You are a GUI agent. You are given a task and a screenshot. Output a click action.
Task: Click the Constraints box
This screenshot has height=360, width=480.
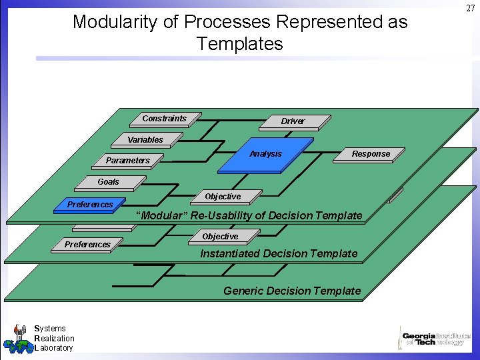165,119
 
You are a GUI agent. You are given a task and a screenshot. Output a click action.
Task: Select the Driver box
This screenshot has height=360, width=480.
293,121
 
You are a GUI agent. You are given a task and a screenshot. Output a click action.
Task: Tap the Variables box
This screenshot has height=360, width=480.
145,140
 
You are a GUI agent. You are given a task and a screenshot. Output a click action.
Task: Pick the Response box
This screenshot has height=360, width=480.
371,154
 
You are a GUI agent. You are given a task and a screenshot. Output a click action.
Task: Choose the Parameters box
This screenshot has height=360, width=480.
128,161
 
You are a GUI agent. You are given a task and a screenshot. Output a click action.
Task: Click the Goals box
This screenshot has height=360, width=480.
109,182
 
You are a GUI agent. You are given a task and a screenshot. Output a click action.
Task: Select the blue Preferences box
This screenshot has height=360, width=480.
91,205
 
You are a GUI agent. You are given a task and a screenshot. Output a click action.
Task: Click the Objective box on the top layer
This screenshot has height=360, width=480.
223,197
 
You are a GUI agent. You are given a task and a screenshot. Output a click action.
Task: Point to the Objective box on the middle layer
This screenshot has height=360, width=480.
220,237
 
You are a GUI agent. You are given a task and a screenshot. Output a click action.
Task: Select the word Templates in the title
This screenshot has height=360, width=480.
239,45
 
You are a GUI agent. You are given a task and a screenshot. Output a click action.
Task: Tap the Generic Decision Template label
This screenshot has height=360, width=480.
292,291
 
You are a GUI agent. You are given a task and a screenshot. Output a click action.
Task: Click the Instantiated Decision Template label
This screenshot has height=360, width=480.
279,253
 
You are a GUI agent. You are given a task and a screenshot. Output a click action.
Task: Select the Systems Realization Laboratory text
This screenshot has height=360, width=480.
53,338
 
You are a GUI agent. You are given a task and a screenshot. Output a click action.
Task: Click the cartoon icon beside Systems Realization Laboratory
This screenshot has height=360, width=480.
17,339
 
